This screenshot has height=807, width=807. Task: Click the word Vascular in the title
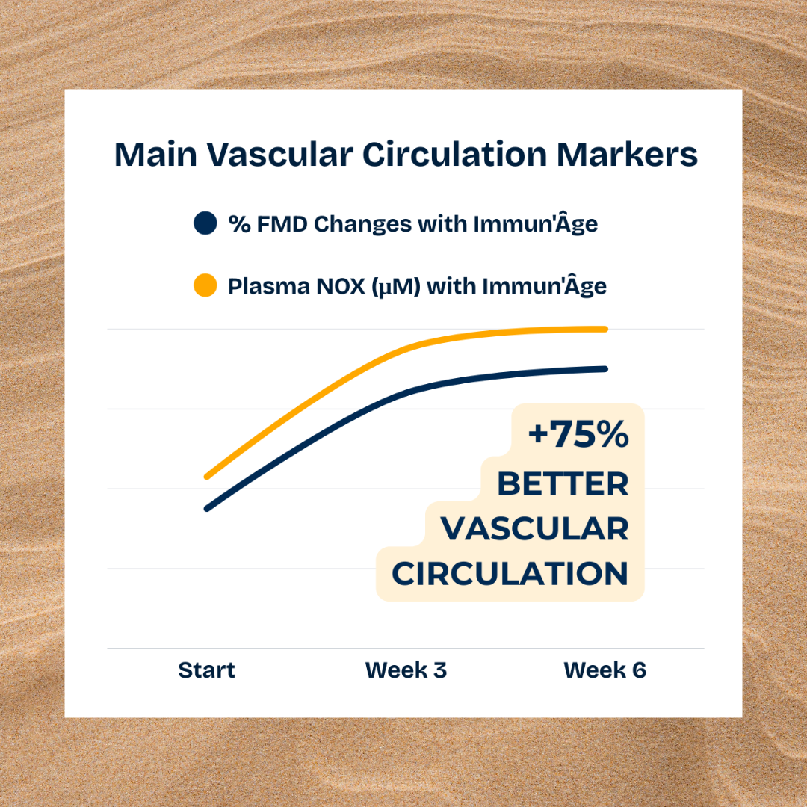coord(280,154)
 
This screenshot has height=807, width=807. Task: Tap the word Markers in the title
coord(627,154)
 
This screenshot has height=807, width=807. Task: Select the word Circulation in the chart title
coord(454,154)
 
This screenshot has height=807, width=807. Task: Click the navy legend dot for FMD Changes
coord(205,223)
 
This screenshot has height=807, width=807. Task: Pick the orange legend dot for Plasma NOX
coord(205,285)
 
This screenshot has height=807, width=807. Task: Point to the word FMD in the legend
coord(282,224)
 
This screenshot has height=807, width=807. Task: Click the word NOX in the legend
coord(341,286)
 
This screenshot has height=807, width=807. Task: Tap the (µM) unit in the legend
coord(396,287)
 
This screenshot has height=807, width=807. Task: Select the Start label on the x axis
coord(206,670)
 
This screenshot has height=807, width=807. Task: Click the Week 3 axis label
coord(406,670)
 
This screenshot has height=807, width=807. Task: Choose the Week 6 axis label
coord(605,670)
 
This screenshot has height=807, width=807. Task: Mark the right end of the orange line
coord(605,329)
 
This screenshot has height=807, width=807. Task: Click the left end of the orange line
coord(207,477)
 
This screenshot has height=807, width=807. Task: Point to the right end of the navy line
coord(605,369)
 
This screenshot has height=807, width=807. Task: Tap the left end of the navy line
coord(207,509)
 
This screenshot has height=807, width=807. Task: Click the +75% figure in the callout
coord(578,434)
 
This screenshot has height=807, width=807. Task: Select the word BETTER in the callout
coord(563,483)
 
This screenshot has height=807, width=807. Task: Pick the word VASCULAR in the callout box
coord(535,528)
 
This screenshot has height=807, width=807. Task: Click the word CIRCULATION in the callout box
coord(510,573)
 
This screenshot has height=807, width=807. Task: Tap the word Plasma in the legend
coord(269,286)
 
